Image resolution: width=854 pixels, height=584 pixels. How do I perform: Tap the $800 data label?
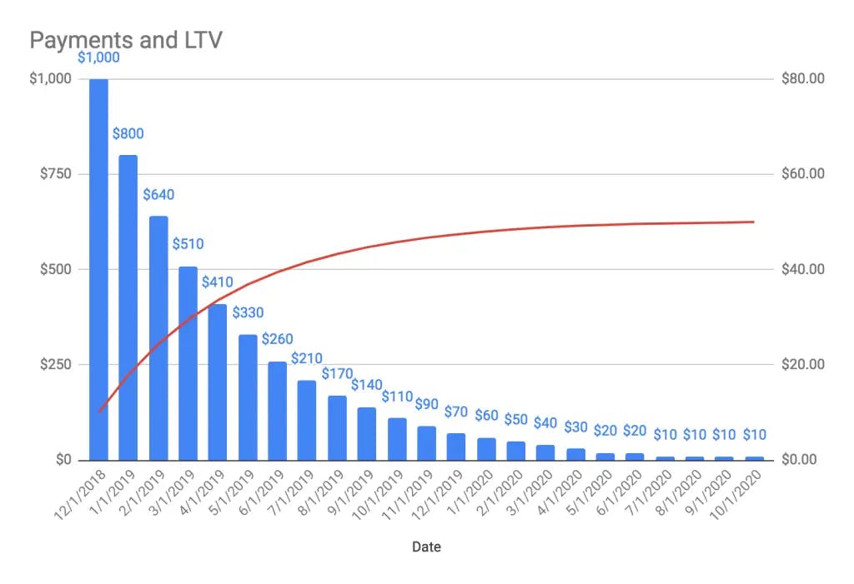(128, 134)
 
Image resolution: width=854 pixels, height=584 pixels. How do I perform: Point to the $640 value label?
(158, 195)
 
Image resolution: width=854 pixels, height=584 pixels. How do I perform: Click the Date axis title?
(426, 547)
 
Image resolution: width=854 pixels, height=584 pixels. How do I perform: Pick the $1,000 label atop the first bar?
(98, 57)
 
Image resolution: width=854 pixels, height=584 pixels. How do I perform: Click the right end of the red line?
(753, 222)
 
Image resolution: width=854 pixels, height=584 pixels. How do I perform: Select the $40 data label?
(545, 424)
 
